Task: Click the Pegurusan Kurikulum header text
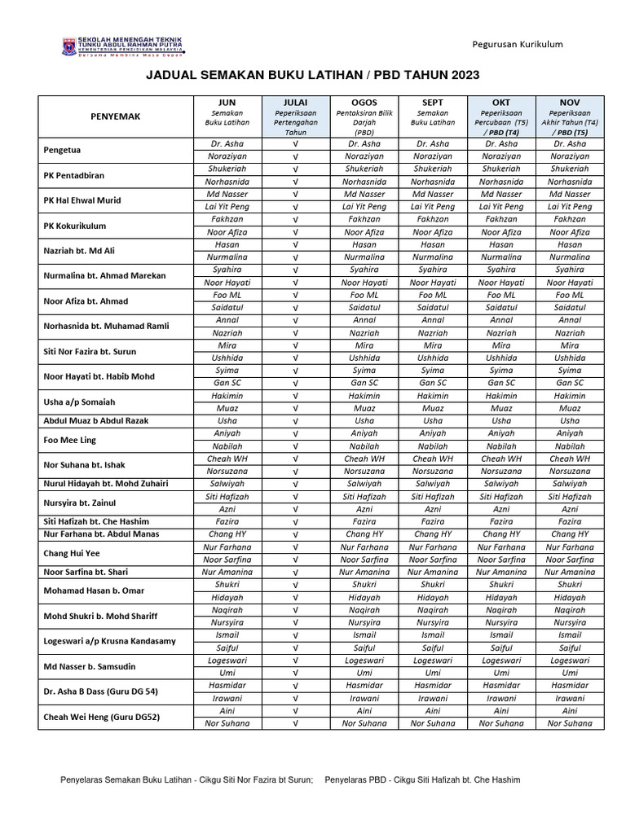click(518, 44)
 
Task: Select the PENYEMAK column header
click(115, 116)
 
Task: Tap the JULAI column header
click(295, 102)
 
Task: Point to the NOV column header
click(569, 102)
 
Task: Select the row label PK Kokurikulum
click(77, 226)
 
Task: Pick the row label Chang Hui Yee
click(71, 553)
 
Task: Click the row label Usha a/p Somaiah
click(79, 402)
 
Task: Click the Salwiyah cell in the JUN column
click(227, 484)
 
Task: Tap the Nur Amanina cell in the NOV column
click(569, 572)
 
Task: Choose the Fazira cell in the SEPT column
click(432, 521)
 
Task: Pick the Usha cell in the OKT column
click(500, 421)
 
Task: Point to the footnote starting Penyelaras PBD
click(422, 780)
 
